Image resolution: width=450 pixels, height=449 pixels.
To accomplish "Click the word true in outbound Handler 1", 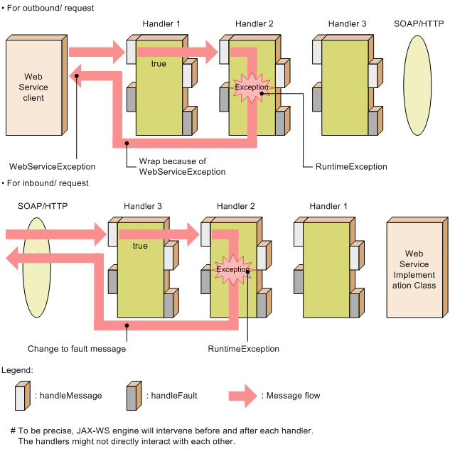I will (x=159, y=64).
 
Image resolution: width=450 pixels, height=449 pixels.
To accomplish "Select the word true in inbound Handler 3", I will (x=140, y=246).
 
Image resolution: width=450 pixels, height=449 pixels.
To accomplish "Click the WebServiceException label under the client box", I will (x=52, y=166).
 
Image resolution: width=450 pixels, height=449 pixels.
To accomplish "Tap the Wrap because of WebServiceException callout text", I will (x=182, y=166).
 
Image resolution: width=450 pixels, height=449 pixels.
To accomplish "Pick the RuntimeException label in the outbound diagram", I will (x=351, y=166).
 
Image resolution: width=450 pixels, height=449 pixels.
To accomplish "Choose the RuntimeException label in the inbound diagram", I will (x=244, y=349).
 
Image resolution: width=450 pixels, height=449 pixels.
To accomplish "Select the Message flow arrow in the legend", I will (x=242, y=396).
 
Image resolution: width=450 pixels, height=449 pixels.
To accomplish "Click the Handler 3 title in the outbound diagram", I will (x=347, y=24).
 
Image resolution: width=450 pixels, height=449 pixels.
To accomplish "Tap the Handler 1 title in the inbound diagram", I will (x=328, y=206).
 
